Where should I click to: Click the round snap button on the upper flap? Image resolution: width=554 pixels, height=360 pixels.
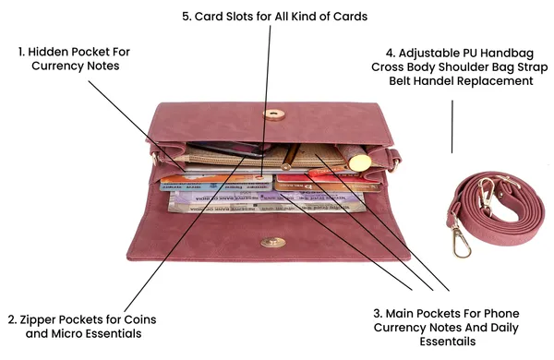(274, 114)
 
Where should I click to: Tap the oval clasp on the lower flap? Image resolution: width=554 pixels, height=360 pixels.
(272, 243)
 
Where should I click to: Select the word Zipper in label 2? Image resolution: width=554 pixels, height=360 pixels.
(36, 319)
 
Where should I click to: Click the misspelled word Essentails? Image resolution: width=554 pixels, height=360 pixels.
(448, 342)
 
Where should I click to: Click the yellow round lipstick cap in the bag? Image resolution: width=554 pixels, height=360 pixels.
(360, 162)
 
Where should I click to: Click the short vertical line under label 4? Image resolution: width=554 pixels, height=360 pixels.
(452, 126)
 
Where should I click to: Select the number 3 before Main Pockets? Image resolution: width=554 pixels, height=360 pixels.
(378, 313)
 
